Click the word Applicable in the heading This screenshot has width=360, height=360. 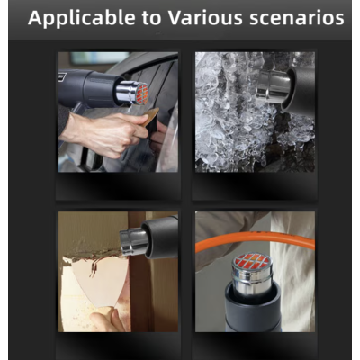pos(82,18)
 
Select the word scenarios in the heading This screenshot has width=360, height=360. pos(297,18)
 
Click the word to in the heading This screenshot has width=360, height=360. pos(151,18)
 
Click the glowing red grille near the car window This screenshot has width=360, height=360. pos(142,94)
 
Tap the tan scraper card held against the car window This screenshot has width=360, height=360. pos(150,116)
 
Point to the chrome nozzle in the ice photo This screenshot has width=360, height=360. pos(273,86)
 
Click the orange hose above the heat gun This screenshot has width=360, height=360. pos(255,239)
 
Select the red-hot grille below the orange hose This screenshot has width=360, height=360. pos(252,261)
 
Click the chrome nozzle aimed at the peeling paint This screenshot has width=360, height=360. pos(133,241)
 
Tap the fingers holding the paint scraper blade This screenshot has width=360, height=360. pos(105,320)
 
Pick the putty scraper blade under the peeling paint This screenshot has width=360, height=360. pos(96,280)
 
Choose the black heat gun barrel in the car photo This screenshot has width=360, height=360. pos(90,88)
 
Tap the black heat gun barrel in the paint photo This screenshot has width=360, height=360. pos(161,237)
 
